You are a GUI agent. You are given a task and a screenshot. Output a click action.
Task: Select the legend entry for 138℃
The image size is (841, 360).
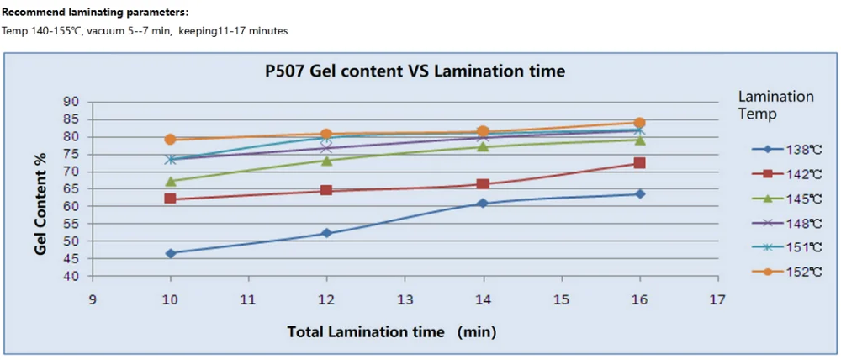click(790, 150)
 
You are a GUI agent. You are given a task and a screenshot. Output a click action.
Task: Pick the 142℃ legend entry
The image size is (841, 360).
click(790, 174)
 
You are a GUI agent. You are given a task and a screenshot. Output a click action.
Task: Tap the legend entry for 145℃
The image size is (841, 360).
click(790, 199)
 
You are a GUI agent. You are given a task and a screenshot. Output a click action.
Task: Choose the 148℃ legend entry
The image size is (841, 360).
click(790, 223)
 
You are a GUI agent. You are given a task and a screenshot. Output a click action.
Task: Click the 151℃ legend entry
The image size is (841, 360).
click(790, 247)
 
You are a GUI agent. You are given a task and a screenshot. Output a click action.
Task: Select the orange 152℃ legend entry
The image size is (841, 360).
click(790, 272)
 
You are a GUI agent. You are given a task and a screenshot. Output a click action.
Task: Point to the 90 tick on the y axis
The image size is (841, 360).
click(71, 102)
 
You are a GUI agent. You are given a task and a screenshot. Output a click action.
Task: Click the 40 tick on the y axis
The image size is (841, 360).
click(71, 276)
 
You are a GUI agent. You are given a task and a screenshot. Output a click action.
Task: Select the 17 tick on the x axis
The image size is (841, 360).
click(717, 299)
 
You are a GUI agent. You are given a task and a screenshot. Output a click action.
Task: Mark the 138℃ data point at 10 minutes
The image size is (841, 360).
click(171, 253)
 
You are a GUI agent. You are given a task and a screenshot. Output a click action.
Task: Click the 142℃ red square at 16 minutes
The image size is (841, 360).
click(639, 163)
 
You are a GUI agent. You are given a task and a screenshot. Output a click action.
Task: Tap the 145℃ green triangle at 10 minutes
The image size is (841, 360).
click(171, 181)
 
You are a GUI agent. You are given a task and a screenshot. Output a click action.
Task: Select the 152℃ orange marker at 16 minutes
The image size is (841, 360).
click(639, 123)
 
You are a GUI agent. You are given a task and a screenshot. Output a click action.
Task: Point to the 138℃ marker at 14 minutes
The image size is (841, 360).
click(483, 204)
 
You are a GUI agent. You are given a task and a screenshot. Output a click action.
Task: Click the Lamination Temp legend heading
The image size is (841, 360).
click(775, 105)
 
